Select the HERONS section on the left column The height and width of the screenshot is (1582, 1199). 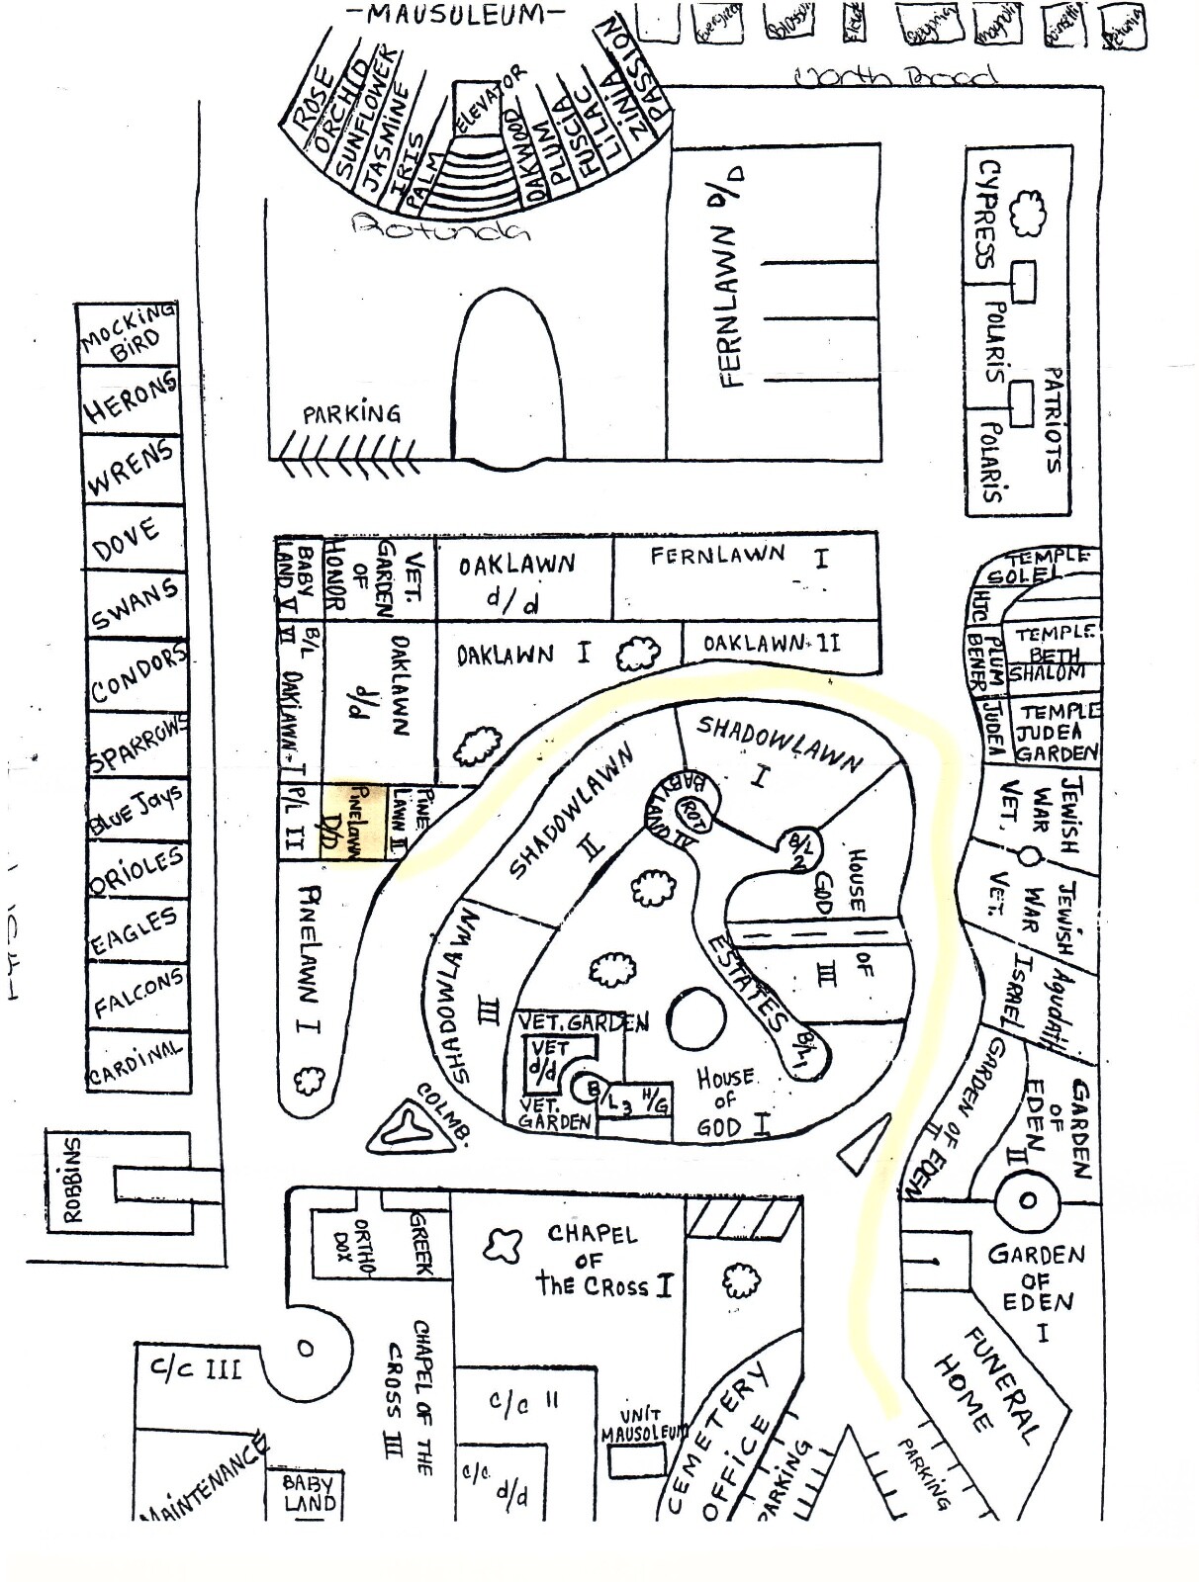(x=130, y=399)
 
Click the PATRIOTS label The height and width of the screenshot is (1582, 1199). (x=1053, y=420)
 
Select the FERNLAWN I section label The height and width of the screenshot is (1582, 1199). (x=737, y=557)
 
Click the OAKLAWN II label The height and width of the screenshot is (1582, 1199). (x=772, y=644)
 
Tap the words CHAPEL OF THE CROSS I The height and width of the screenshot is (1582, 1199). (x=603, y=1261)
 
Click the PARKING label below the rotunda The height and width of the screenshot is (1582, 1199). (x=351, y=412)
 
